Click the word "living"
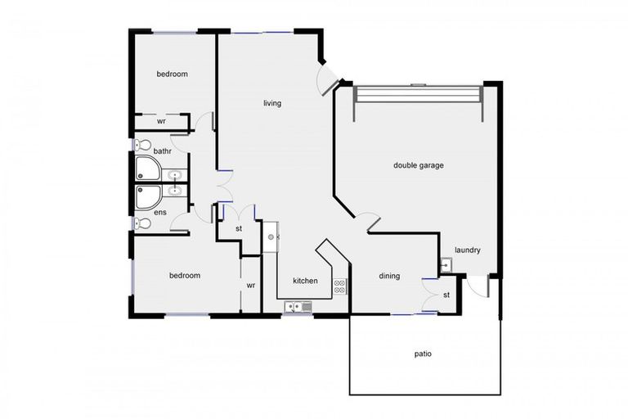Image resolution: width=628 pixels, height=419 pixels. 272,104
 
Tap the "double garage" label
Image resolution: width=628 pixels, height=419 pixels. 418,165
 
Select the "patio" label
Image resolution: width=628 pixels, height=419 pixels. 423,354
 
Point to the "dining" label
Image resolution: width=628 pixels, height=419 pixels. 389,276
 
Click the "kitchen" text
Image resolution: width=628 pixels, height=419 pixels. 305,281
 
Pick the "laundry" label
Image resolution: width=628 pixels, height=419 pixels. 468,250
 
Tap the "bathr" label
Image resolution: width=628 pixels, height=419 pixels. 162,151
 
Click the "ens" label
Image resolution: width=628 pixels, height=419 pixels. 160,212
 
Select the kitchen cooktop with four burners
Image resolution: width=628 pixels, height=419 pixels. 340,286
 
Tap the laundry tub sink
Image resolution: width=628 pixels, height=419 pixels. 446,264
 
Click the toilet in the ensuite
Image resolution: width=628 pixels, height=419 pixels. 141,223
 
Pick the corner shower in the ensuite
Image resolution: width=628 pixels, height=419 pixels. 148,198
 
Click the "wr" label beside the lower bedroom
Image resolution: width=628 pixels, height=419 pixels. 251,286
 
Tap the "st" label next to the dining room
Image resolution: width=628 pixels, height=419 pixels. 447,294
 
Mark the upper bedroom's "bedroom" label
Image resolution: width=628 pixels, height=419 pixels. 173,74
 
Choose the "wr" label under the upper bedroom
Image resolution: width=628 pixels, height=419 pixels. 162,121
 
